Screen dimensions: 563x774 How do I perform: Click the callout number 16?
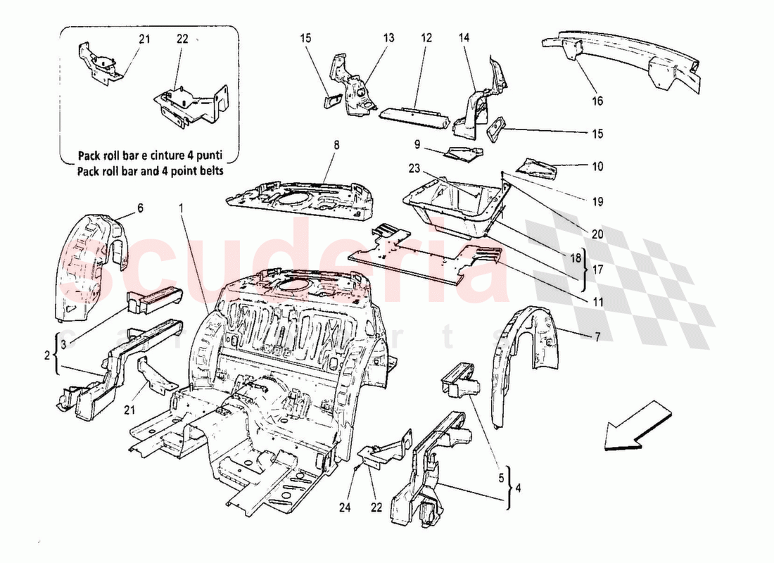597,101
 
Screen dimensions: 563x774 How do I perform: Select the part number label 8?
336,146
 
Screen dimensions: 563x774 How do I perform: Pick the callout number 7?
597,337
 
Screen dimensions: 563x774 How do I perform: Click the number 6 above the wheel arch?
139,208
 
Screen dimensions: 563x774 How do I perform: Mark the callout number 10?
597,167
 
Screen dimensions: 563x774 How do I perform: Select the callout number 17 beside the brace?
597,268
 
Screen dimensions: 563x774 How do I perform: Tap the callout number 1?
181,208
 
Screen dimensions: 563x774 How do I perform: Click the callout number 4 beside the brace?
519,486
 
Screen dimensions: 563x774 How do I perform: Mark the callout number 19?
597,201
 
